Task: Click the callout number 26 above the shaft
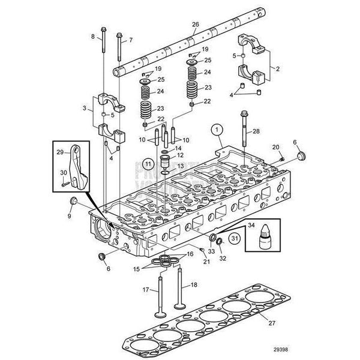tap(194, 24)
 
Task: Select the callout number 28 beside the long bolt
tap(256, 130)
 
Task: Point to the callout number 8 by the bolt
tap(93, 37)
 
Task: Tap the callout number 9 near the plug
tap(69, 215)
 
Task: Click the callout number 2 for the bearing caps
tap(278, 70)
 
